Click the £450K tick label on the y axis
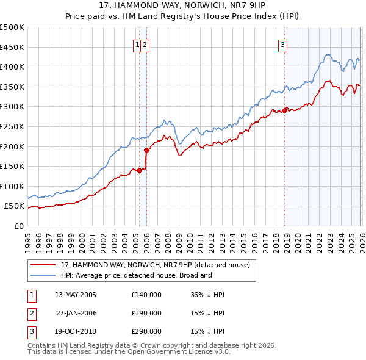[12, 47]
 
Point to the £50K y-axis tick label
[14, 206]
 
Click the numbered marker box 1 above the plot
[138, 44]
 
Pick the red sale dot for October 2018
[284, 110]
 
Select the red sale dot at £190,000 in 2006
[146, 150]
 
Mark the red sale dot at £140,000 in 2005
[139, 170]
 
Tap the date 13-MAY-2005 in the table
[76, 295]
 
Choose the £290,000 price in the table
[146, 331]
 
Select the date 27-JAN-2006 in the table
[76, 313]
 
